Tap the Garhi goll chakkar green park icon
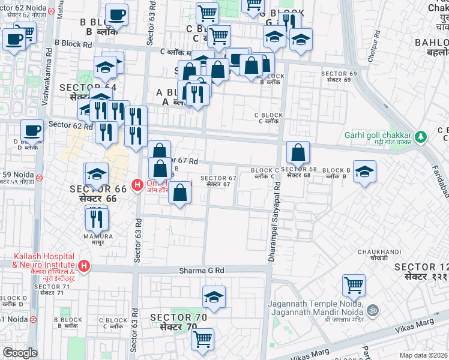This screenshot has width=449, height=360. (421, 137)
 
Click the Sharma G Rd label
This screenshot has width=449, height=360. (201, 271)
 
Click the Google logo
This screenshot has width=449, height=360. (20, 353)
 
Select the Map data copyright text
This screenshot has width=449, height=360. (424, 355)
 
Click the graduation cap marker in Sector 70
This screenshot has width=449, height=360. (214, 297)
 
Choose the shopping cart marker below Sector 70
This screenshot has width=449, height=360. (203, 338)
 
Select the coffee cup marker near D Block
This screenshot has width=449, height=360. (32, 130)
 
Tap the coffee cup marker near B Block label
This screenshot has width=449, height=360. (116, 15)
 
